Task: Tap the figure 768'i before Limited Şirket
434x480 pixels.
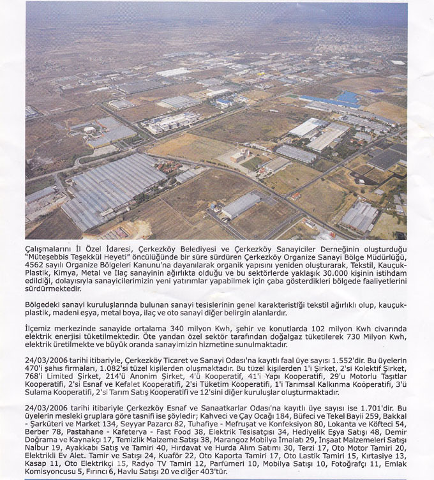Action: [36, 378]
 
